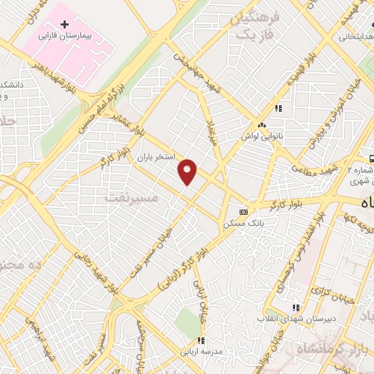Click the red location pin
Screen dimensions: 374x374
click(x=188, y=171)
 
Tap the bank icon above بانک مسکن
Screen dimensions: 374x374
click(x=243, y=212)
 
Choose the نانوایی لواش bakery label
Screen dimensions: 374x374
click(x=262, y=136)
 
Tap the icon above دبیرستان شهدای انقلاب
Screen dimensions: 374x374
click(x=296, y=308)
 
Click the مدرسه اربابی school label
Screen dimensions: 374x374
click(x=200, y=351)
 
